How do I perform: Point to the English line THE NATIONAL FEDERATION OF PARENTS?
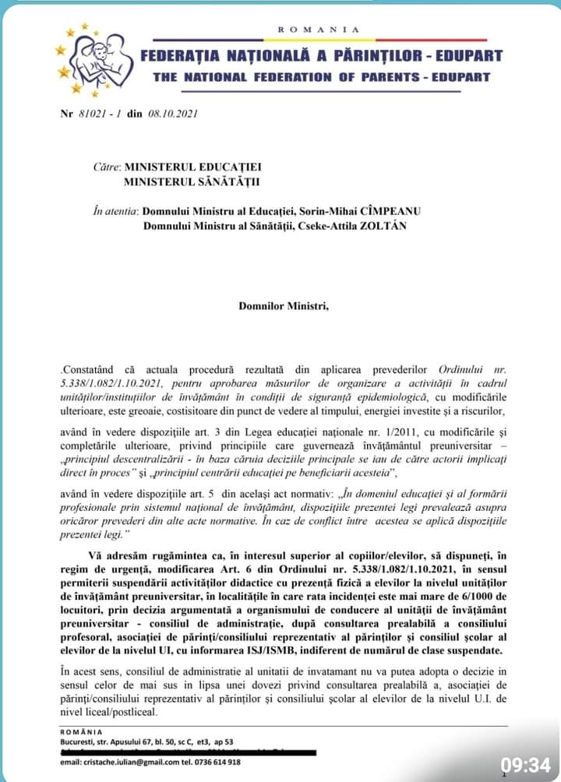pos(322,77)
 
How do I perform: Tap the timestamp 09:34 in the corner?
pos(524,764)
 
